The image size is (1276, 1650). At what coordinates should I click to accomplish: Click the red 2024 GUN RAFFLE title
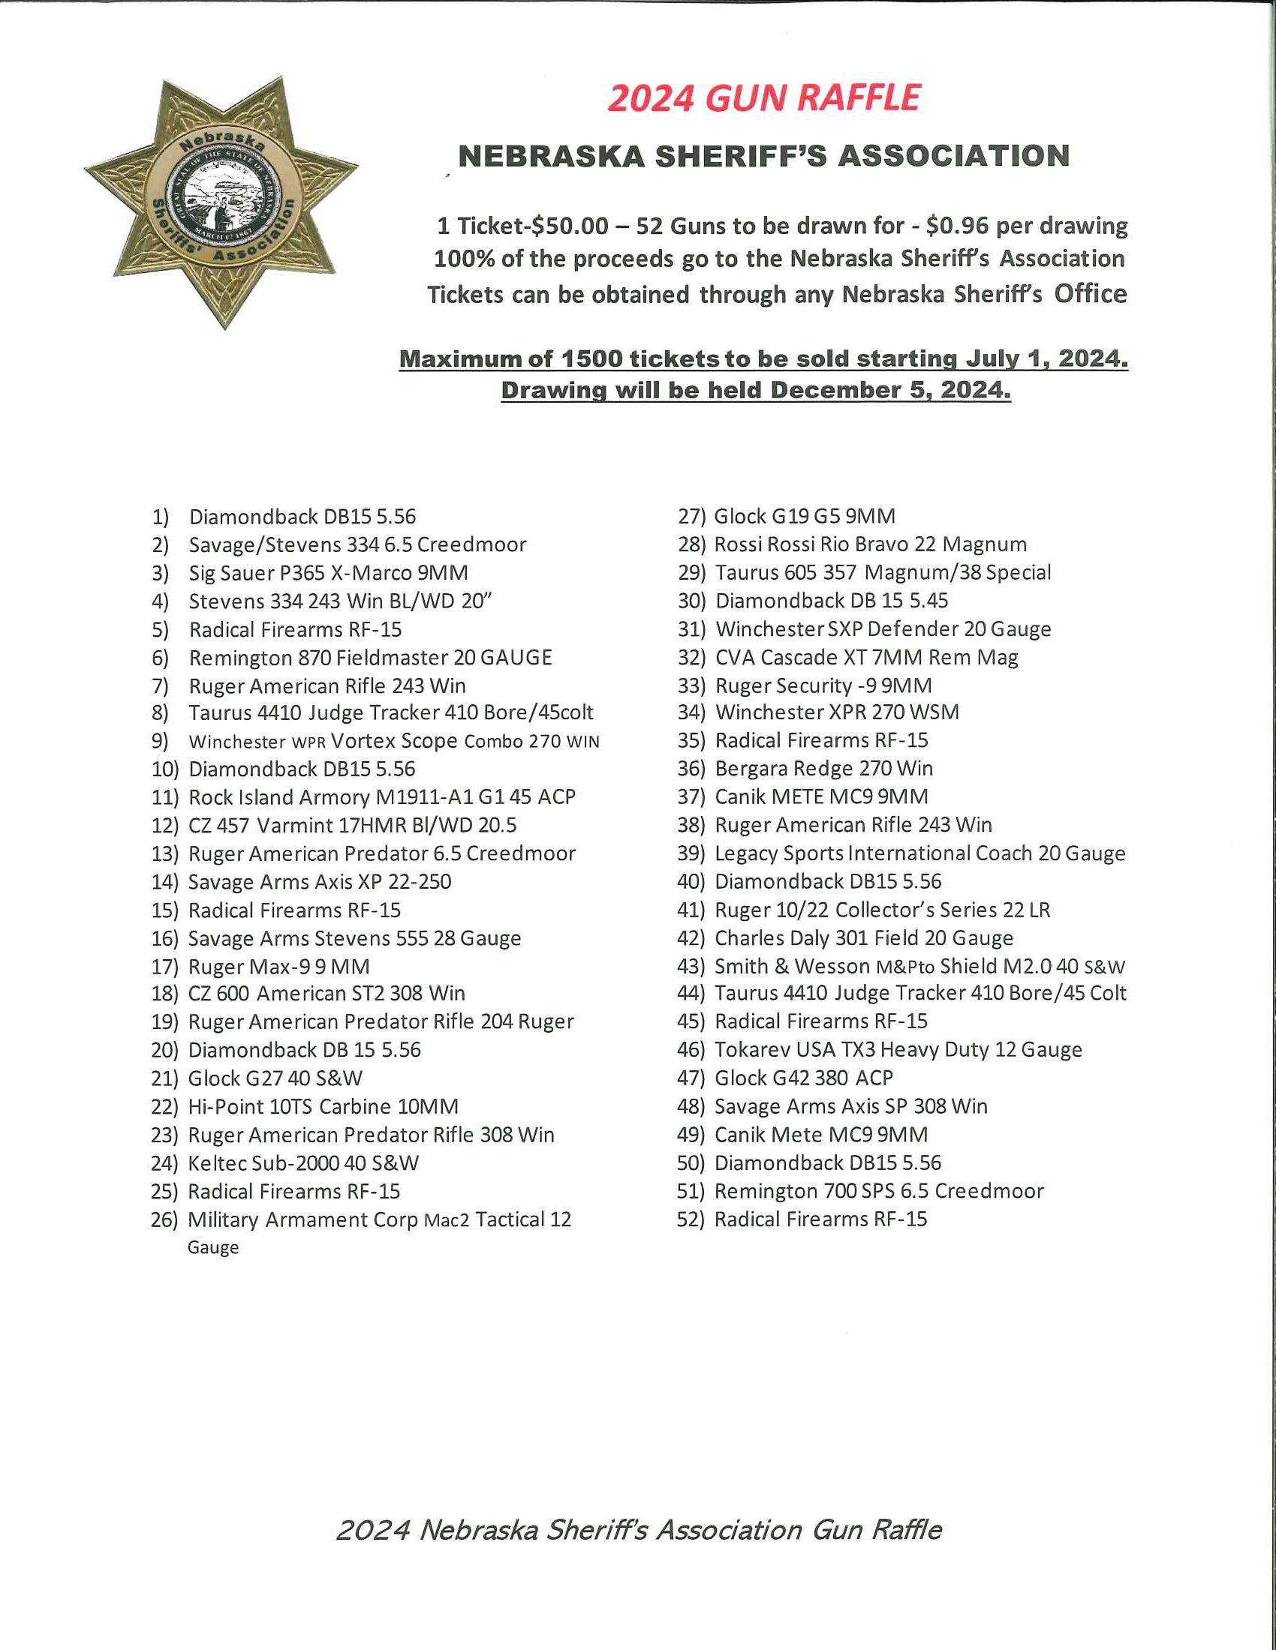(x=763, y=99)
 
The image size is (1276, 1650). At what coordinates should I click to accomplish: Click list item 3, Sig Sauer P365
(x=328, y=573)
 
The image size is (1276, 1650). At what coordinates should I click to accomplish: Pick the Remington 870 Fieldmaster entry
(x=370, y=658)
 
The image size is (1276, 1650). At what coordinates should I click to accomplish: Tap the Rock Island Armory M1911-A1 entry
(x=382, y=797)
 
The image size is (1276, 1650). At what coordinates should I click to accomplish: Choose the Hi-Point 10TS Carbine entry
(x=323, y=1107)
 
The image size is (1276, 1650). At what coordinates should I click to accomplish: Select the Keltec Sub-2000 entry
(x=303, y=1163)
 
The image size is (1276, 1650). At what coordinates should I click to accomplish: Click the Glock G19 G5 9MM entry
(x=805, y=517)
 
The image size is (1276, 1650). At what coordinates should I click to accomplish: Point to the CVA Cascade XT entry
(x=866, y=658)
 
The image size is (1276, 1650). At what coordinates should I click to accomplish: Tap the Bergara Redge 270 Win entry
(x=824, y=768)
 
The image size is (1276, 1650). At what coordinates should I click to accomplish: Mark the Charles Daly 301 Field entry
(x=864, y=938)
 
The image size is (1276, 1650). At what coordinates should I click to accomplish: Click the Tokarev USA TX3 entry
(x=898, y=1050)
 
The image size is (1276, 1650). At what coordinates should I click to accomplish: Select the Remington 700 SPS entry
(x=879, y=1192)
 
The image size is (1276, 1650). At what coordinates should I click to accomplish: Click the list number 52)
(x=690, y=1219)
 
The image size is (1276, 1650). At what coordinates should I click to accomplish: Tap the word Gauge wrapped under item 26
(x=213, y=1247)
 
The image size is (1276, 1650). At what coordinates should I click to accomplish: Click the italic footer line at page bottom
(x=639, y=1530)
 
